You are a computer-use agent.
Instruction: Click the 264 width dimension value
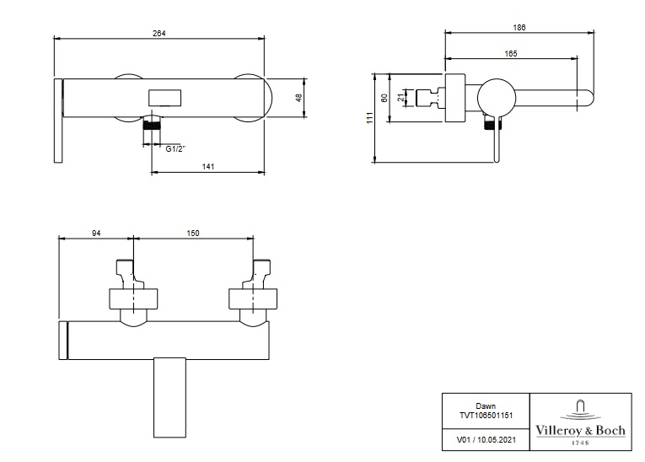(159, 34)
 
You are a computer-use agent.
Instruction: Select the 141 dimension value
(208, 167)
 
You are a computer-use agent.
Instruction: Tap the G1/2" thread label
(175, 149)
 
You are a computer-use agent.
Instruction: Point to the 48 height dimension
(299, 98)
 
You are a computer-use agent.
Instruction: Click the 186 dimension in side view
(519, 28)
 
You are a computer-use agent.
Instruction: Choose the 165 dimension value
(510, 53)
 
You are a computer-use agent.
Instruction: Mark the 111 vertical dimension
(370, 118)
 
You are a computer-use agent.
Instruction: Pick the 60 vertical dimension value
(384, 98)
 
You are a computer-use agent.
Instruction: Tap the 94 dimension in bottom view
(96, 234)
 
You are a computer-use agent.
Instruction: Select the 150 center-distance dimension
(193, 234)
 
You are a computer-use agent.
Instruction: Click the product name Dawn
(486, 406)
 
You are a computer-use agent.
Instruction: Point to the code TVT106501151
(486, 416)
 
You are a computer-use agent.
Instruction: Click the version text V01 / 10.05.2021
(486, 440)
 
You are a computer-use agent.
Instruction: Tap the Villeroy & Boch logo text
(580, 430)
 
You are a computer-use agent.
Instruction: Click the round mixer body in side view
(497, 98)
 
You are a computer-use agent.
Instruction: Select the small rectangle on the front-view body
(164, 98)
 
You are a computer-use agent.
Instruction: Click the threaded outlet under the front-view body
(153, 124)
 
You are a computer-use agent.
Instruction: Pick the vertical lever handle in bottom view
(169, 397)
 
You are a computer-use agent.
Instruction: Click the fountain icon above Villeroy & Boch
(580, 410)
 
